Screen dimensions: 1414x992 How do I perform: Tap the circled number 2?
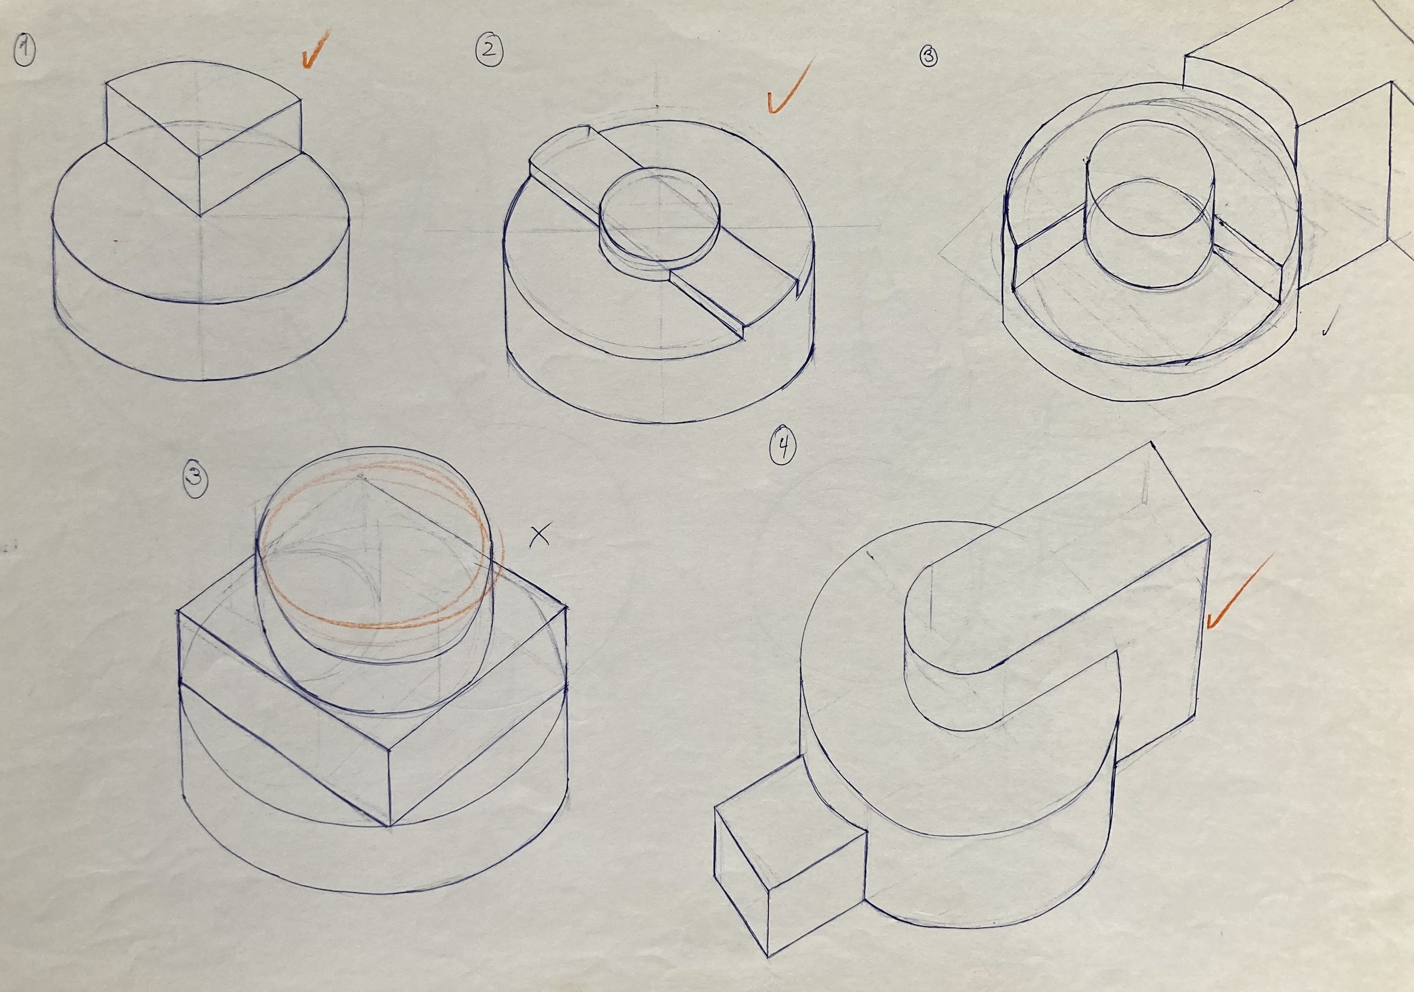pyautogui.click(x=489, y=51)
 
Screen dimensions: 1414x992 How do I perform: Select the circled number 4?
pyautogui.click(x=782, y=446)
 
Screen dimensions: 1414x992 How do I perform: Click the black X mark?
pyautogui.click(x=540, y=534)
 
